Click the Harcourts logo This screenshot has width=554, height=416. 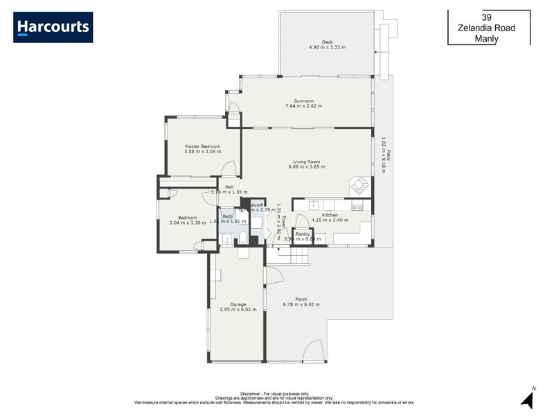coord(53,27)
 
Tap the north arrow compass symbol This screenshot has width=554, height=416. coord(529,398)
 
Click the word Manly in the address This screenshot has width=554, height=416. coord(487,40)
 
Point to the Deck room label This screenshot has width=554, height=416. coord(327,42)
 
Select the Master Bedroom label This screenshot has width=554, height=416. coord(202,146)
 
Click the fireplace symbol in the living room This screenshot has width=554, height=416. coord(360,185)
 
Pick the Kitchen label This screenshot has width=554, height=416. coord(330,216)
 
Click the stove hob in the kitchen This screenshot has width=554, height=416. coord(357,206)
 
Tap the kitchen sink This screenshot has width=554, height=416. coord(313,205)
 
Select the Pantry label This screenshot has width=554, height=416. coord(303,234)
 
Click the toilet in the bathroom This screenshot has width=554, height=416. coord(243,239)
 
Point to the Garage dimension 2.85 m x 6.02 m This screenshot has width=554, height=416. coord(238,309)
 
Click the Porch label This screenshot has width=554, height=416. coord(301,299)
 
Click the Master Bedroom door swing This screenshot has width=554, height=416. coord(228,168)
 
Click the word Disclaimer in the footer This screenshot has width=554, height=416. coord(251,392)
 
